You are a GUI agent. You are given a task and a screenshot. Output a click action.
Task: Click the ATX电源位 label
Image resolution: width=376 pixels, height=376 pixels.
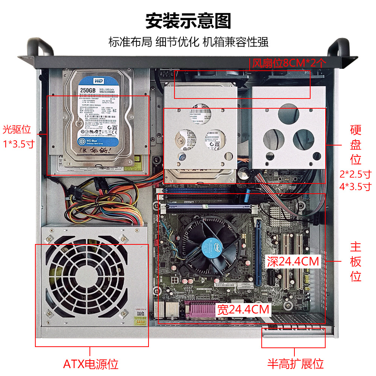[x=91, y=364]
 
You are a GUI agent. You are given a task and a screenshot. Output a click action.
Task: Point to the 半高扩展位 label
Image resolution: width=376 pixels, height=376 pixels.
[x=296, y=364]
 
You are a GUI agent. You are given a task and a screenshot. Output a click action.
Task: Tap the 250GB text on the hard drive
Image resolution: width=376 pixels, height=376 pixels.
[x=88, y=90]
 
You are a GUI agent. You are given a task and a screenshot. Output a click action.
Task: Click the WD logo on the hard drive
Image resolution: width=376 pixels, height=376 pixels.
[x=88, y=80]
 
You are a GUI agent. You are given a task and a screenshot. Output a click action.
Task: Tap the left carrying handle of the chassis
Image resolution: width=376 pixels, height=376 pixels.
[x=39, y=47]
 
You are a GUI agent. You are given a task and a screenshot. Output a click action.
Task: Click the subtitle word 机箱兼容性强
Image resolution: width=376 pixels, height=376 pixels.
[x=236, y=41]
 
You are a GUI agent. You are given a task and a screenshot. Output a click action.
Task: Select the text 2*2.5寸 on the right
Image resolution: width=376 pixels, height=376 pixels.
[x=355, y=174]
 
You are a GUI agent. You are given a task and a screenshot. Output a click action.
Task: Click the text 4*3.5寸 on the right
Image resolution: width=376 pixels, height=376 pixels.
[x=355, y=186]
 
